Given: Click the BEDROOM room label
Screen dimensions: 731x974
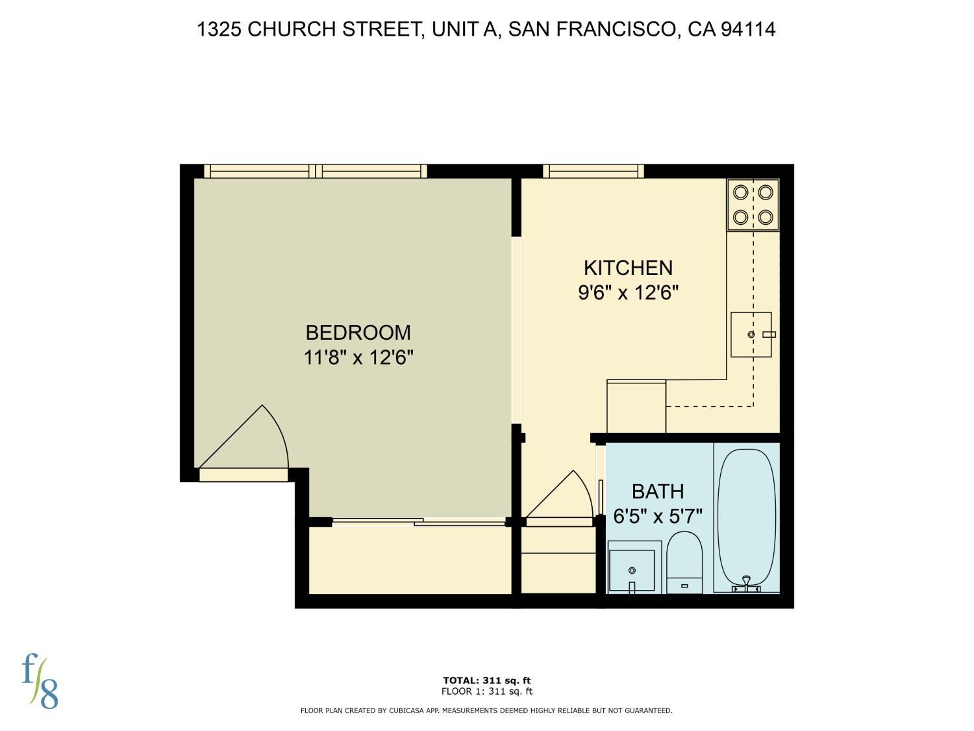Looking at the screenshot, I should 358,333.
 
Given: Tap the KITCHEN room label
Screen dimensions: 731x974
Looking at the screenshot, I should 628,268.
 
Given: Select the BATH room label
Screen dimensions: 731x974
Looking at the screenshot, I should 658,491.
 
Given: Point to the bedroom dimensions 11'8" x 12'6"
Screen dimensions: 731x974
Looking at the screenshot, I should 358,357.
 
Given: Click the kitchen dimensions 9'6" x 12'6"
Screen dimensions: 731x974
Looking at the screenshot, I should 628,292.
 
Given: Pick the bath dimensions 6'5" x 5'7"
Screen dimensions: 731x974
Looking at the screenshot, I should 658,517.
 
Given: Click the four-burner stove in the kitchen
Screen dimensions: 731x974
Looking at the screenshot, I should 753,205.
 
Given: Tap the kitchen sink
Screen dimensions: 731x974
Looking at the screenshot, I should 751,335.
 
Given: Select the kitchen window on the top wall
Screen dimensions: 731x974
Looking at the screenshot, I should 593,172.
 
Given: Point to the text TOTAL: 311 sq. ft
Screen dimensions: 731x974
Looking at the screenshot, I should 486,681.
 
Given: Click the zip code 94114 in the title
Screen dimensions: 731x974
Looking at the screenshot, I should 748,29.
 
